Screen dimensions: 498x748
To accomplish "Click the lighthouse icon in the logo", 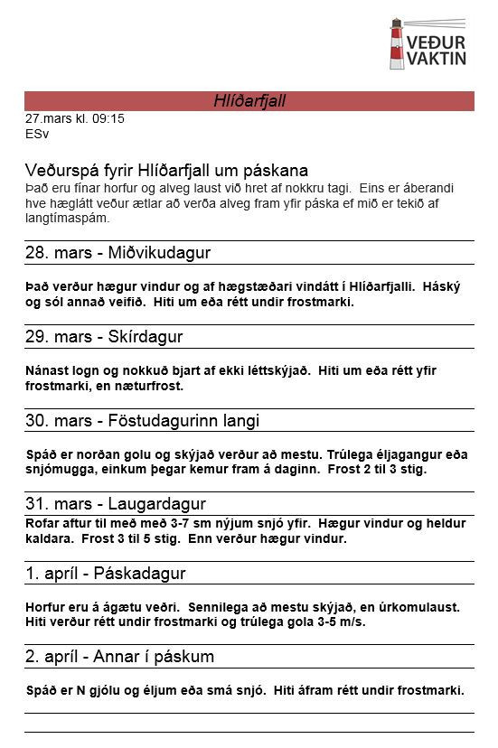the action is (398, 45).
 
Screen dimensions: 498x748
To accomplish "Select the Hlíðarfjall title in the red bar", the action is (249, 101).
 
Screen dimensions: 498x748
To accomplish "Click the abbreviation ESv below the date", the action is (37, 134).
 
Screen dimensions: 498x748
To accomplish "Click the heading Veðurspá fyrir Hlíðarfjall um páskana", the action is (166, 171).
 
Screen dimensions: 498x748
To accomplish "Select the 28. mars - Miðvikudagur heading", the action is (117, 253).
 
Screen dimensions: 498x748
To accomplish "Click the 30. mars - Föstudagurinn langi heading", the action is (142, 421).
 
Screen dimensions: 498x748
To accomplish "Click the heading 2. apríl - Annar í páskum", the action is (119, 657).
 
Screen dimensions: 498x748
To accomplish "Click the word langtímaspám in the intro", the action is (67, 218).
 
